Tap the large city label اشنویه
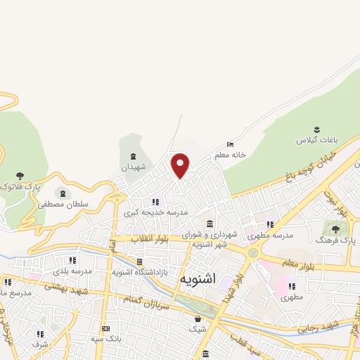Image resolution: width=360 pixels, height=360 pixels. coord(198,279)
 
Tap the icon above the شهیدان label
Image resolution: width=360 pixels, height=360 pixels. coord(132,156)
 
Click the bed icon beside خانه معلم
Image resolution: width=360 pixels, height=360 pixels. coord(230,145)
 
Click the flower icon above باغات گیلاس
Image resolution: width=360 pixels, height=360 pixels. coord(316,129)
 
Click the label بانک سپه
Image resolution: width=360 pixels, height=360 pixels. coord(105,339)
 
